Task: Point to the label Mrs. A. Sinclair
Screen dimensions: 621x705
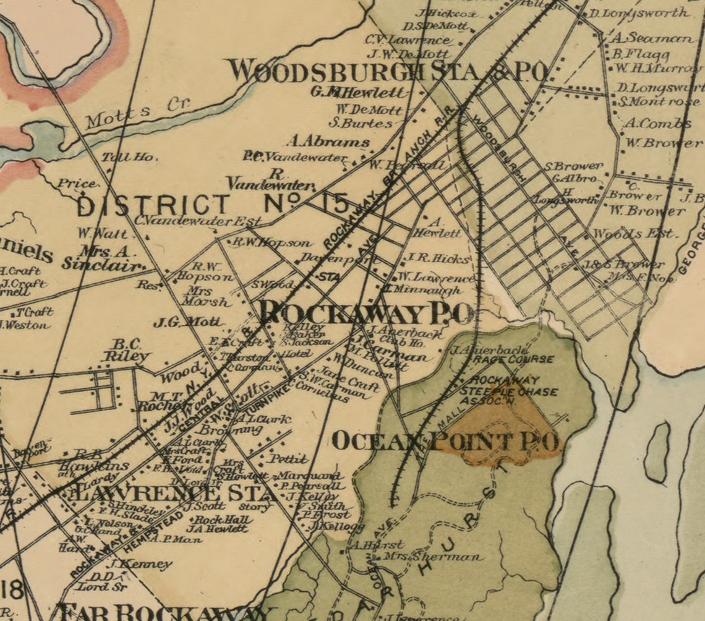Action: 102,258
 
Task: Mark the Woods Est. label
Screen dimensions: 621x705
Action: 634,234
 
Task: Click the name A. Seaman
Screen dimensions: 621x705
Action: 652,38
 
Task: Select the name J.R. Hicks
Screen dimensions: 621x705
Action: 438,258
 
